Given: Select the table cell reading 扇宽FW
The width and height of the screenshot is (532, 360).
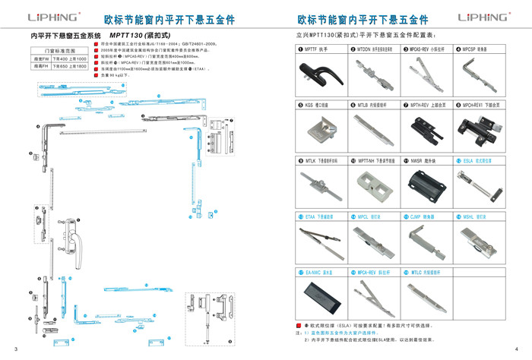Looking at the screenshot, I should pyautogui.click(x=40, y=58).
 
